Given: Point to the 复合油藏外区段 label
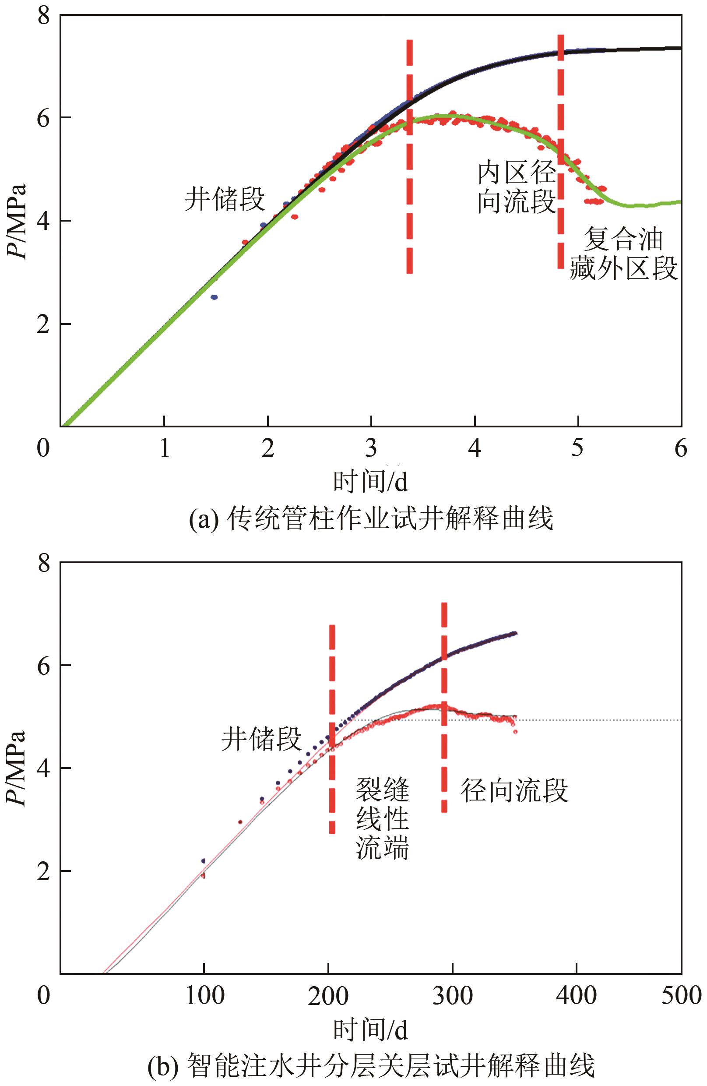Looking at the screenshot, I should point(623,254).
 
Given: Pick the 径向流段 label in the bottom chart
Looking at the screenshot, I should point(514,790).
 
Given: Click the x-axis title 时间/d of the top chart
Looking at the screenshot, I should point(371,482).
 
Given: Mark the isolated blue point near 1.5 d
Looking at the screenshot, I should point(214,297).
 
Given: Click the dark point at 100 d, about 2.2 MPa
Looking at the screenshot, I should point(204,860).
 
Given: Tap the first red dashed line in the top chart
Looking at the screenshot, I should point(410,155).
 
